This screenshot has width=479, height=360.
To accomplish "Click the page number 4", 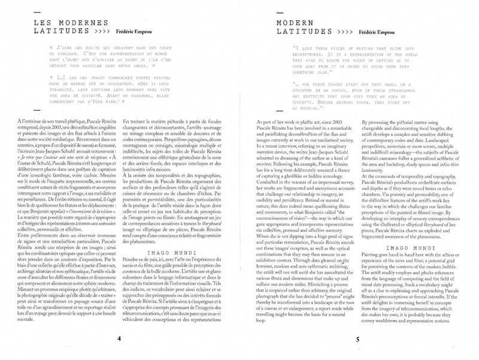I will click(x=119, y=339).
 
